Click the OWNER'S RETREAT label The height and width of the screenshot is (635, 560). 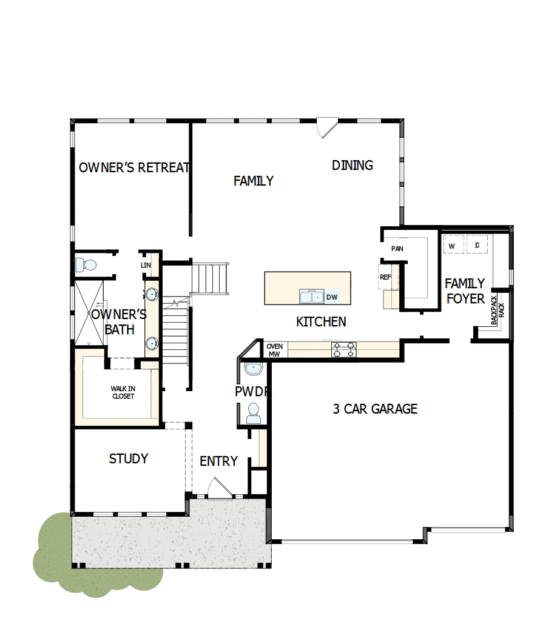[x=135, y=167]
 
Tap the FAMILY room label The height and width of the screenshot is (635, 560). [x=254, y=181]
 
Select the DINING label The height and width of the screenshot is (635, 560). [x=353, y=165]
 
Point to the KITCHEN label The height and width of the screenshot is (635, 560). [x=321, y=321]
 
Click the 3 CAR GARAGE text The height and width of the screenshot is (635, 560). [x=375, y=409]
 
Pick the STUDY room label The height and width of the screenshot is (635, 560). [x=129, y=459]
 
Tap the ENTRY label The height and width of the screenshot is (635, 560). [x=218, y=462]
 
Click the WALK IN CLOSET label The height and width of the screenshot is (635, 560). [x=123, y=392]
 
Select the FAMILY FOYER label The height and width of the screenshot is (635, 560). [x=465, y=291]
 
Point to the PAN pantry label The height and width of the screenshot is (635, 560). [x=397, y=249]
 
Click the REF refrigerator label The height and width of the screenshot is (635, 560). [x=385, y=277]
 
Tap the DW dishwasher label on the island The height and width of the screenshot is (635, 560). [x=332, y=297]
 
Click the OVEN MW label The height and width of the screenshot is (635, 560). [x=275, y=351]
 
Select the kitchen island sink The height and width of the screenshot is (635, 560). [x=312, y=297]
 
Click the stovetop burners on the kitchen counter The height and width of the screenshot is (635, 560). [x=344, y=349]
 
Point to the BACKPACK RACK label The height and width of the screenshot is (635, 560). [x=498, y=310]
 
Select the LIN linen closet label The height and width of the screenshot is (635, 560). [x=146, y=266]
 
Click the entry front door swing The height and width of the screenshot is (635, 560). [x=217, y=486]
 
